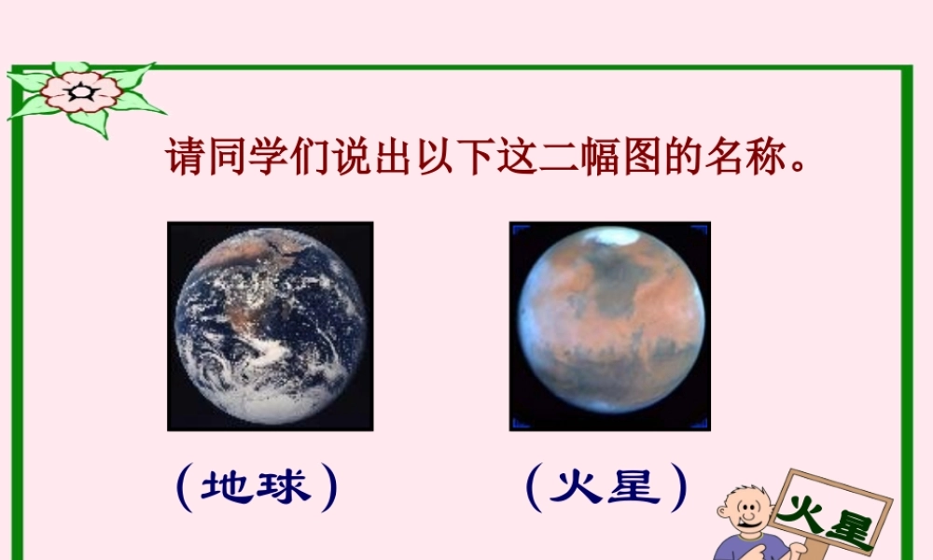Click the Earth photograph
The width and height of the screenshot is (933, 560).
point(271,326)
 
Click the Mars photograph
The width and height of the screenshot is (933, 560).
point(609,326)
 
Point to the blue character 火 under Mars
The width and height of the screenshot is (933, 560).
point(577,487)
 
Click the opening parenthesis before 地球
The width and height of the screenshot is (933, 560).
point(183,488)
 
